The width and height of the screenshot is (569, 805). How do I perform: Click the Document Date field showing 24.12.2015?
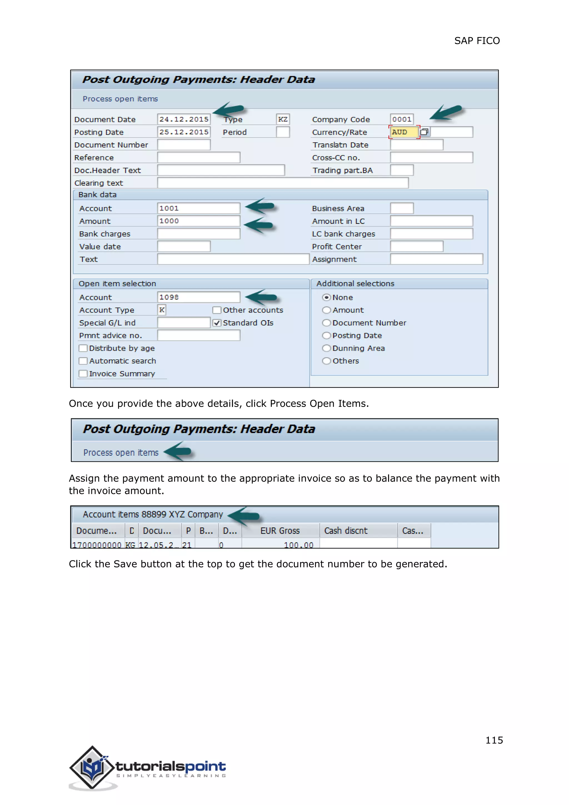pyautogui.click(x=184, y=120)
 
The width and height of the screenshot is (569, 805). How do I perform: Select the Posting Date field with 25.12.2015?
pyautogui.click(x=184, y=132)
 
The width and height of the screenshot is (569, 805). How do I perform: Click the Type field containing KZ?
pyautogui.click(x=283, y=120)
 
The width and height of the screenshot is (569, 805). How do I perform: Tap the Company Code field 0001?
pyautogui.click(x=401, y=120)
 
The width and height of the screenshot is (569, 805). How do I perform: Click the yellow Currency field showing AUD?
pyautogui.click(x=404, y=132)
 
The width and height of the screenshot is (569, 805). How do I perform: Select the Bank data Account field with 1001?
pyautogui.click(x=198, y=208)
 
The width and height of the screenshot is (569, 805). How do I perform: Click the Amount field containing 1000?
pyautogui.click(x=198, y=221)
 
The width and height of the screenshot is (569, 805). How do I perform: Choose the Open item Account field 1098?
pyautogui.click(x=198, y=297)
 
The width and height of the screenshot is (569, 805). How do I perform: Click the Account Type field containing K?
pyautogui.click(x=161, y=310)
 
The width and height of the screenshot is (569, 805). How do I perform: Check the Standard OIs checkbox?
pyautogui.click(x=217, y=323)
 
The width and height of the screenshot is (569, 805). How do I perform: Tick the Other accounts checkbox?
pyautogui.click(x=217, y=310)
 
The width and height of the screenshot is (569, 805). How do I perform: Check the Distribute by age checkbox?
pyautogui.click(x=83, y=348)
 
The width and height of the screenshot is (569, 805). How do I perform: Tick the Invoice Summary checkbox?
pyautogui.click(x=83, y=374)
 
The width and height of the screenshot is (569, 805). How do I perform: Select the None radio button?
pyautogui.click(x=326, y=297)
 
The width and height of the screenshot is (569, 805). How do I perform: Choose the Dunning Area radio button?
pyautogui.click(x=326, y=348)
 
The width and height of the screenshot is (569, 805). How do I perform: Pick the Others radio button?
pyautogui.click(x=326, y=361)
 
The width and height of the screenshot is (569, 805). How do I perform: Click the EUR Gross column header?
pyautogui.click(x=280, y=531)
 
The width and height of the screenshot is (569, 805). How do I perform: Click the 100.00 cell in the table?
pyautogui.click(x=298, y=545)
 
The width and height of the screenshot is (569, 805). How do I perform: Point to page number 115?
pyautogui.click(x=494, y=740)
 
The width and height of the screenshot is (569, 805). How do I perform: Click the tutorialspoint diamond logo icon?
pyautogui.click(x=92, y=767)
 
